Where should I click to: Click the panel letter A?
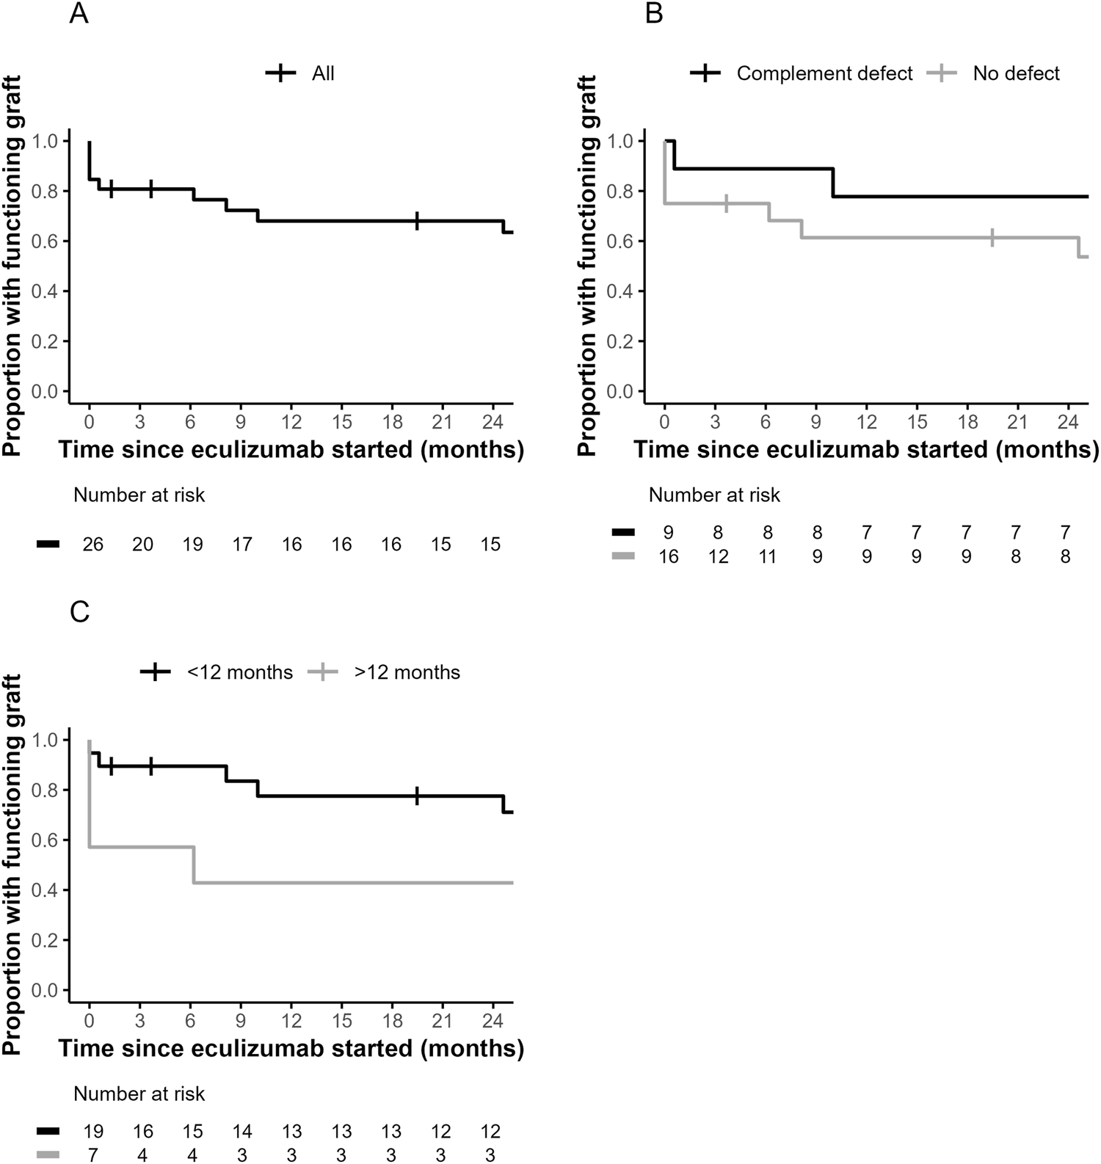[x=79, y=14]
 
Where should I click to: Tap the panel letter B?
[x=653, y=14]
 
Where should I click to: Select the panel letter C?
[x=79, y=612]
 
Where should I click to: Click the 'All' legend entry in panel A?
[x=322, y=73]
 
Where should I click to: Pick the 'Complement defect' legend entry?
[x=824, y=73]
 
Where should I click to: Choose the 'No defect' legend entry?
[x=1016, y=73]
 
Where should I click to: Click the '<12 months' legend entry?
[x=239, y=672]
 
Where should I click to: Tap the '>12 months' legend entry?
[x=407, y=672]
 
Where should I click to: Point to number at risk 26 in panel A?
[x=93, y=545]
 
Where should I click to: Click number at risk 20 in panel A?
[x=142, y=545]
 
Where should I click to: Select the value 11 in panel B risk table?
[x=767, y=557]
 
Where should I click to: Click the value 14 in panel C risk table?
[x=242, y=1132]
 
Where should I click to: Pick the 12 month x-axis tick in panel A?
[x=291, y=423]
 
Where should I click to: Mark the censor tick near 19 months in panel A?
[x=417, y=221]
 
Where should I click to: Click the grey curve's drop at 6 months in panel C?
[x=195, y=865]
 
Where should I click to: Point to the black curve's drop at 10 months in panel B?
[x=834, y=183]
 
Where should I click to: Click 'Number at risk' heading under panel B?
[x=714, y=495]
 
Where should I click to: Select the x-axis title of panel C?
[x=291, y=1048]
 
